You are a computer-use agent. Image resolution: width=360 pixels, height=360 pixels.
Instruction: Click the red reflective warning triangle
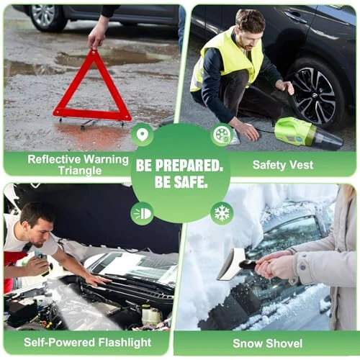(91, 90)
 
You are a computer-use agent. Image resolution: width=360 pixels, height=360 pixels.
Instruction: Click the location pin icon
(141, 134)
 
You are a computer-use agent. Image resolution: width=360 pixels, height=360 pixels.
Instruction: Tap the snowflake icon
(222, 213)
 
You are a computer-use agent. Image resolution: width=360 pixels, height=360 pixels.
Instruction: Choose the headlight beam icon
(141, 213)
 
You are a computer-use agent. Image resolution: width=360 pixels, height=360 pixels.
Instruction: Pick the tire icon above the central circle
(222, 135)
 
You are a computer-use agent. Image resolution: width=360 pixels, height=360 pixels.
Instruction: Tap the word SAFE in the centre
(197, 183)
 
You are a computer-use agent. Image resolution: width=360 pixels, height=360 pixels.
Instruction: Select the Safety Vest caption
(282, 165)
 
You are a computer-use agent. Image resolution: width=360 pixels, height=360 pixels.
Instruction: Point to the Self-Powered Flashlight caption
(87, 343)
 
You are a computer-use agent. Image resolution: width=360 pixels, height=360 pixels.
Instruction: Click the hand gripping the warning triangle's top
(97, 35)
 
